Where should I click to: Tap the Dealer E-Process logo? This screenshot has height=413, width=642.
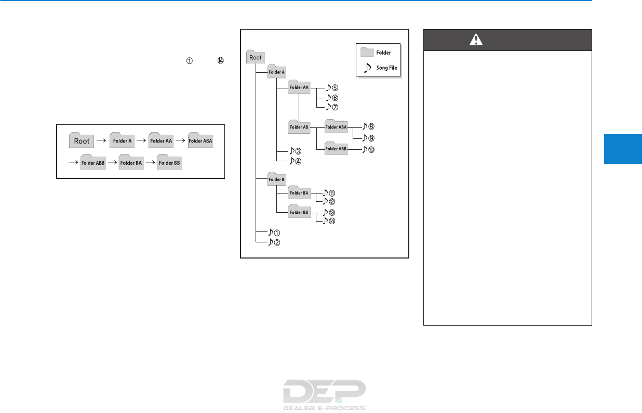coord(324,394)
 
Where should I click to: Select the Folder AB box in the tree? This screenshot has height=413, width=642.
coord(299,126)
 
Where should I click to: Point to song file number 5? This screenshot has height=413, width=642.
coord(331,88)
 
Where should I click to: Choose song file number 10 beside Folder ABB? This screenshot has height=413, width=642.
coord(368,150)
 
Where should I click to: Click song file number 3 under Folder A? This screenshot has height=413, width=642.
coord(295,152)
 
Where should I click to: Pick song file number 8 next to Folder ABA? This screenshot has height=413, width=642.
coord(368,126)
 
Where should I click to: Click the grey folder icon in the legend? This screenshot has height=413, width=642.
coord(367,52)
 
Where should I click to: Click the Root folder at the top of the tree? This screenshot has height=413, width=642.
coord(255,57)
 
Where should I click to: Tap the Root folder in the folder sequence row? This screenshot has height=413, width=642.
coord(82,140)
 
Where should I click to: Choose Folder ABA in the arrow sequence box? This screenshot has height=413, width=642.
coord(200,140)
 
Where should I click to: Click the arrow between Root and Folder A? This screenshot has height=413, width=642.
coord(101,141)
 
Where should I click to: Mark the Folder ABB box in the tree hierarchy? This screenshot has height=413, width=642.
coord(336,149)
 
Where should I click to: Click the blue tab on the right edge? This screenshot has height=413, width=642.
coord(623,149)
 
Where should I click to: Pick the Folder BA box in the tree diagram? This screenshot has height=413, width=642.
coord(299,193)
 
